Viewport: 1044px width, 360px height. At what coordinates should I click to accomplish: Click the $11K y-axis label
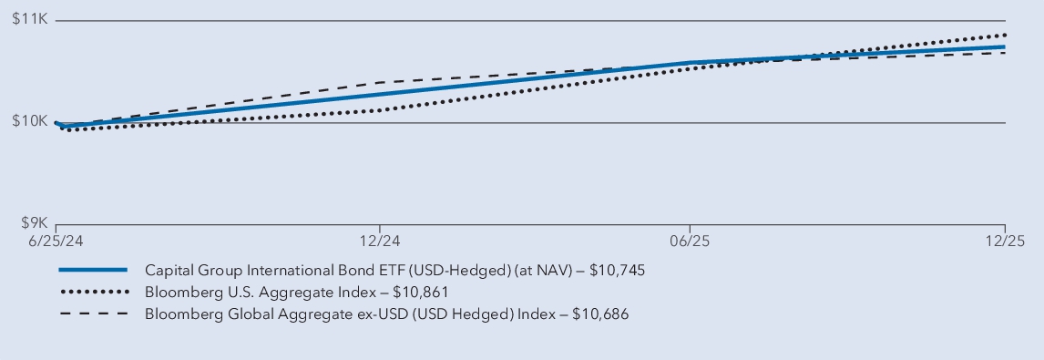pos(28,20)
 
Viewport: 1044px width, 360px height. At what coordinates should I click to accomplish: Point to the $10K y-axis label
pos(28,122)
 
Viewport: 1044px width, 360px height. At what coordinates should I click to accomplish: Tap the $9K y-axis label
pos(32,223)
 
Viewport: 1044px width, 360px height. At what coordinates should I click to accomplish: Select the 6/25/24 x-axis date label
pos(30,242)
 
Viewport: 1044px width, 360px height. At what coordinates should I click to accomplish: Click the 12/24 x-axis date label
pos(380,242)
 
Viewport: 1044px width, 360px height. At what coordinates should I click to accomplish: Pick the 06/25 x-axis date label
pos(690,242)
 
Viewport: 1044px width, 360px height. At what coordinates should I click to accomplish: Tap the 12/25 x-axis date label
pos(1004,242)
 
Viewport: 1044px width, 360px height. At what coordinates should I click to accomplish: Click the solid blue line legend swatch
pos(93,271)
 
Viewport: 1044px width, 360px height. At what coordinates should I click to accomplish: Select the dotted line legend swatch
pos(93,293)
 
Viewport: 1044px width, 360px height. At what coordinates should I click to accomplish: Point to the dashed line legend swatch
pos(93,314)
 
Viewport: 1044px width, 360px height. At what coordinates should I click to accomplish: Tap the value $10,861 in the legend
pos(420,293)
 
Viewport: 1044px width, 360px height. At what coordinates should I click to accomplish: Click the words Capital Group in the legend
pos(189,271)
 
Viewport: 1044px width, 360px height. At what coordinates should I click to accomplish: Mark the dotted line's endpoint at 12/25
pos(1005,35)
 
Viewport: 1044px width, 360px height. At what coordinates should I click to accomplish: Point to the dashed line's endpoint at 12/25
pos(1005,53)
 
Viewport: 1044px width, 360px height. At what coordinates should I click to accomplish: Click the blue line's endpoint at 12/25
pos(1005,46)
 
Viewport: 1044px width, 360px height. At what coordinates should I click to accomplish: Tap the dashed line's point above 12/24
pos(380,82)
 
